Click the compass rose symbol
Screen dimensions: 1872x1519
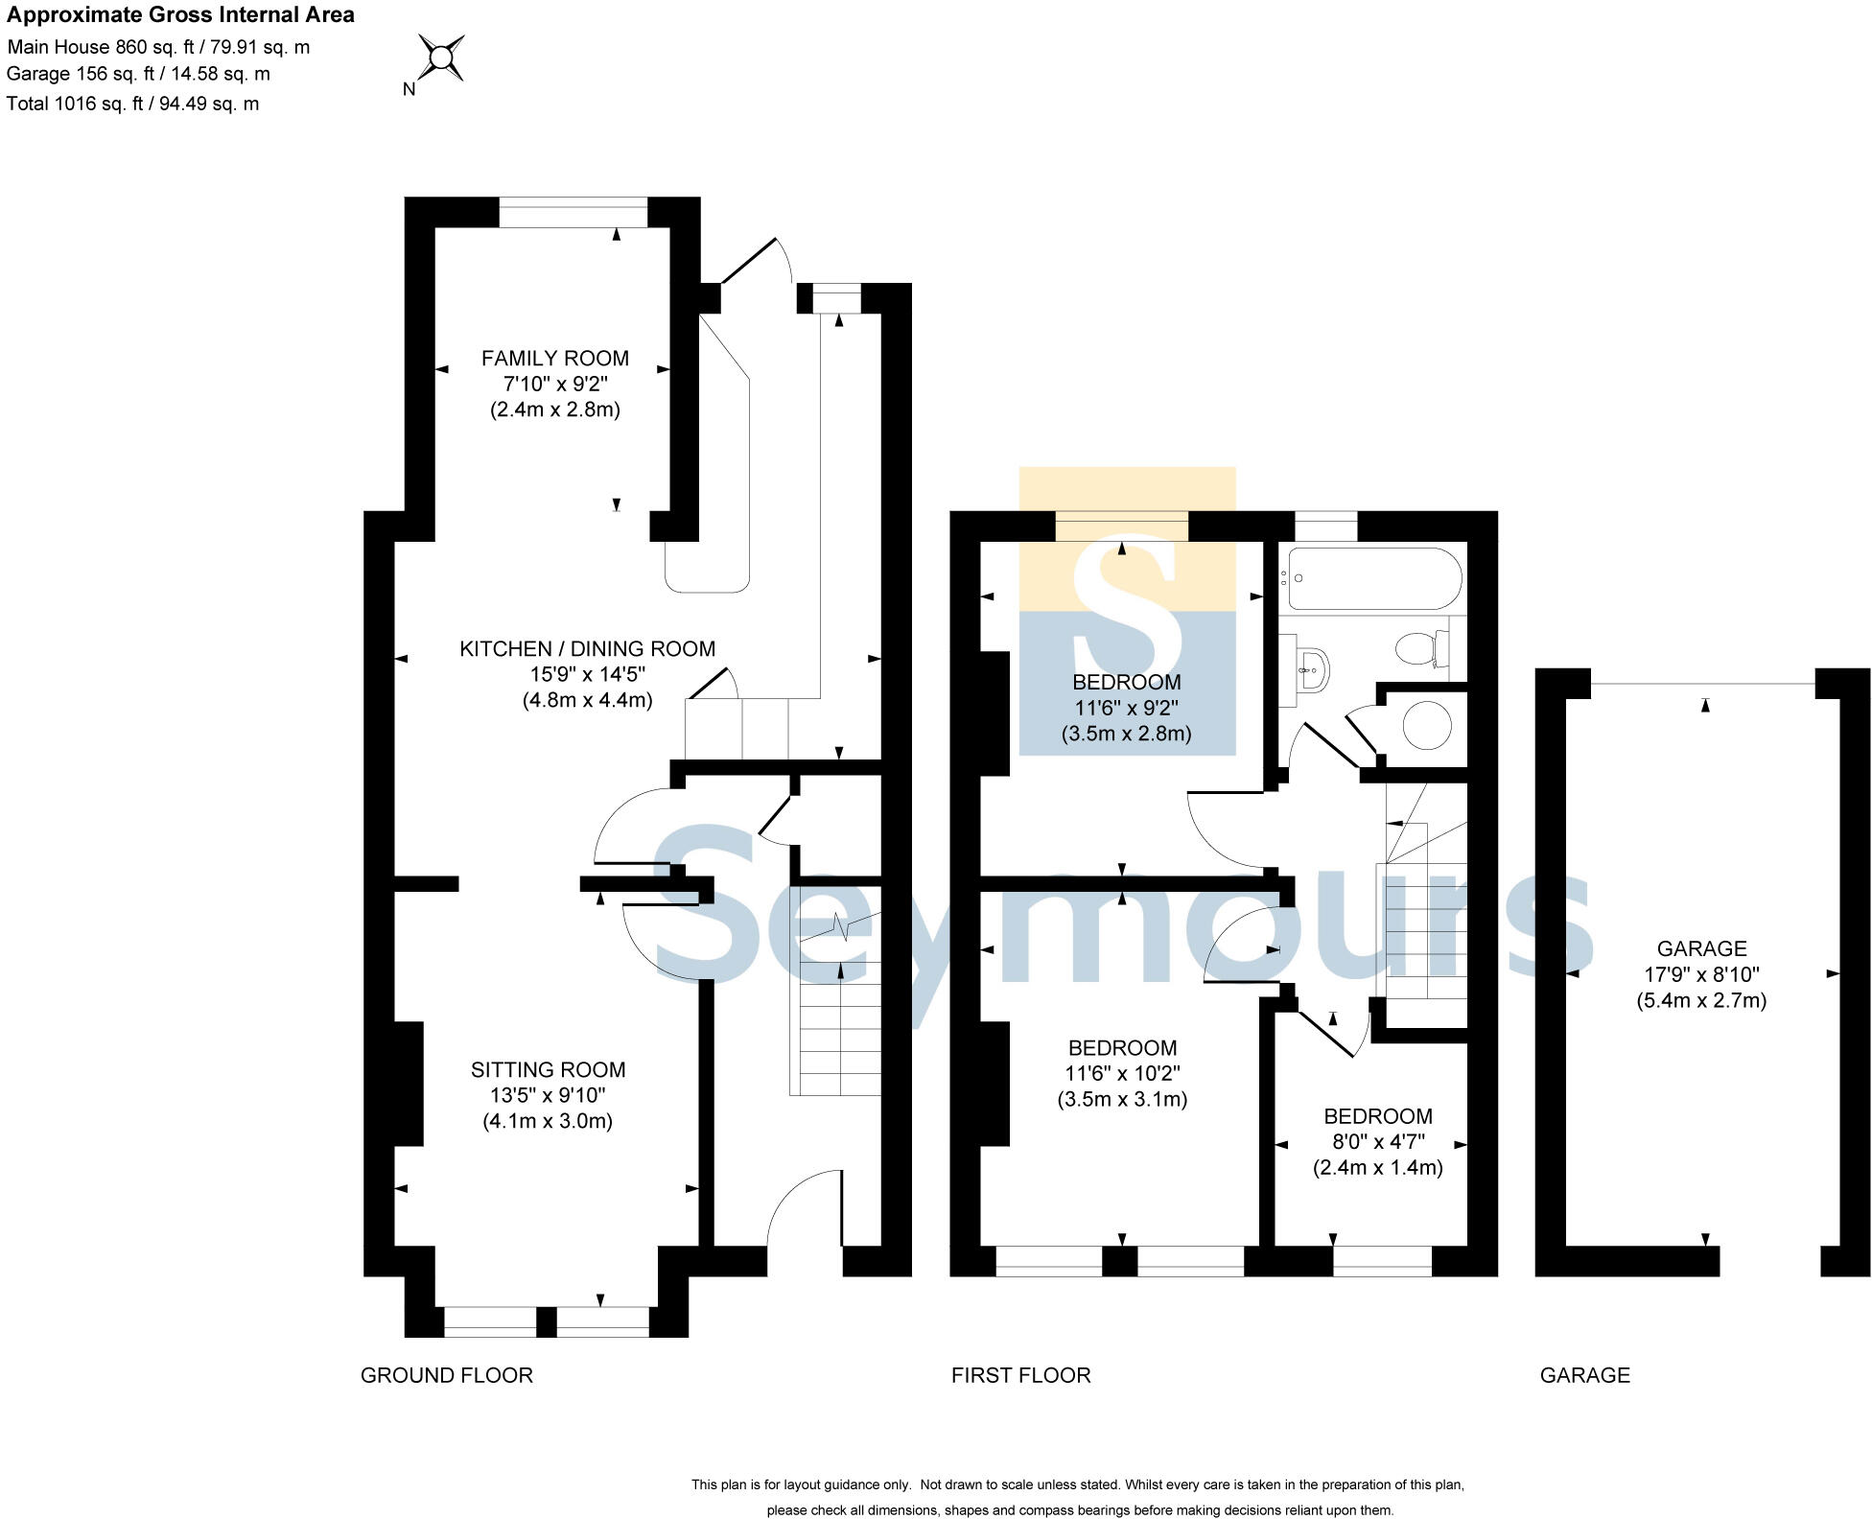(441, 58)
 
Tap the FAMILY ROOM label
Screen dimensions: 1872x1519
(554, 359)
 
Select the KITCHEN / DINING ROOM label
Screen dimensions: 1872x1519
(587, 649)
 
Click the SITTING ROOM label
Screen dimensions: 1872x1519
(548, 1069)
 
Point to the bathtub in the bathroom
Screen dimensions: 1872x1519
(1373, 578)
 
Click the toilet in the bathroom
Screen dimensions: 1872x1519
(1422, 649)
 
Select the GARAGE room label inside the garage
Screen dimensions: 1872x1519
(1701, 948)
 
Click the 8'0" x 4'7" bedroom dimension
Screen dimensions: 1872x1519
(1377, 1142)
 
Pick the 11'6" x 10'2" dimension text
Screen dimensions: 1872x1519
(1122, 1073)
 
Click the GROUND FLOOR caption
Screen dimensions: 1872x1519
(446, 1375)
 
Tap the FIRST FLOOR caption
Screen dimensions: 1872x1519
(1020, 1375)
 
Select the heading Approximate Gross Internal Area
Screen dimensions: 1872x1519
(180, 14)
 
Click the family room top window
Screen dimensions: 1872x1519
(573, 212)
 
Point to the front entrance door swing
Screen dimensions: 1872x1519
(804, 1208)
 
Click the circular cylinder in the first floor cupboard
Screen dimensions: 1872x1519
(1426, 726)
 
